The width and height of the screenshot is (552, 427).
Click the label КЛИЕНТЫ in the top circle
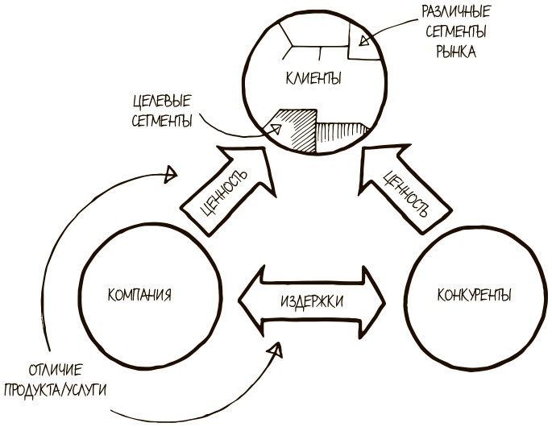point(313,79)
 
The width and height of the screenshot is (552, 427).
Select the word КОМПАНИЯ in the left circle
point(139,293)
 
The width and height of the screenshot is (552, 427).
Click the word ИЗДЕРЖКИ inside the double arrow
point(314,300)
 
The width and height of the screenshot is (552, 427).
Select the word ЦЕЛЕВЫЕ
point(163,103)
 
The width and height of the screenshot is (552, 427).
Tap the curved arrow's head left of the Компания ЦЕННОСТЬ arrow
point(170,172)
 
